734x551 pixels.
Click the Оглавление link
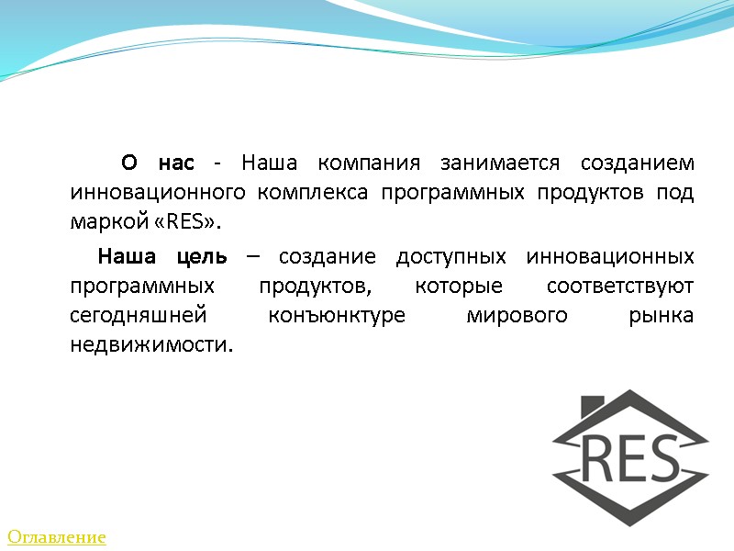click(x=57, y=537)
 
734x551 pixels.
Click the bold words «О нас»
click(x=158, y=163)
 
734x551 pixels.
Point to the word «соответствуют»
click(x=619, y=285)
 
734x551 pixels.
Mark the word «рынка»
click(x=662, y=315)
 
